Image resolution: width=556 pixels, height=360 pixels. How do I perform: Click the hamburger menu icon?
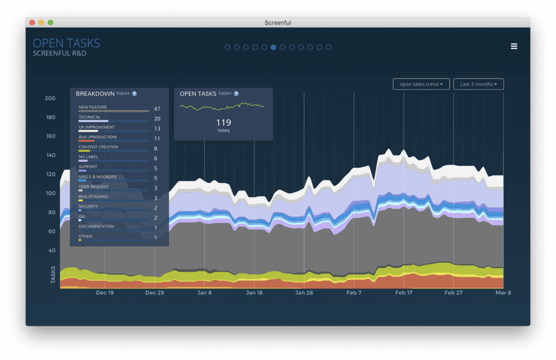[x=514, y=46]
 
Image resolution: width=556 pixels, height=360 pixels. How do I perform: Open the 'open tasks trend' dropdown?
[x=421, y=84]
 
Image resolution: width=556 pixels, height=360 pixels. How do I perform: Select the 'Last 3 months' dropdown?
[x=478, y=84]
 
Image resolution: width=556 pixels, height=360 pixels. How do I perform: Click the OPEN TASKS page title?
[x=66, y=43]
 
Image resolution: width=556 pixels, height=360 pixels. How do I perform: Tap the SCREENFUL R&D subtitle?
[x=59, y=53]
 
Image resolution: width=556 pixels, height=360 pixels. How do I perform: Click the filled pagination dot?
[x=274, y=47]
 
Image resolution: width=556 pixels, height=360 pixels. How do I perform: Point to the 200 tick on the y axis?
[x=50, y=98]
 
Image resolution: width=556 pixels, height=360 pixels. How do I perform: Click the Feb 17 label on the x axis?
[x=404, y=293]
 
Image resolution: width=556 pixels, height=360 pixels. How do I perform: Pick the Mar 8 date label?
[x=503, y=293]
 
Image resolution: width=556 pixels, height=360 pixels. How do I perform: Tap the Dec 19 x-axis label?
[x=105, y=293]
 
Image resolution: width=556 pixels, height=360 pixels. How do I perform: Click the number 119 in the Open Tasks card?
[x=224, y=122]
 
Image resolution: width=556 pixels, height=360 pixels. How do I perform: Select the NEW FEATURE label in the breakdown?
[x=93, y=107]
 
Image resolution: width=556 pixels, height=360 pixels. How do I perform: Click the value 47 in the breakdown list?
[x=157, y=109]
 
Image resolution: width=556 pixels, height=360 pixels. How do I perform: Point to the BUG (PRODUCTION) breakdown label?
[x=98, y=137]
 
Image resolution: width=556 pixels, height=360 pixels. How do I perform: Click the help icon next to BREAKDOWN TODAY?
[x=135, y=93]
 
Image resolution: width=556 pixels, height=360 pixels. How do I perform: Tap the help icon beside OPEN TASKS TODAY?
[x=236, y=93]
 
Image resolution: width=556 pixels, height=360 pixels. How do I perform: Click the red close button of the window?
[x=32, y=23]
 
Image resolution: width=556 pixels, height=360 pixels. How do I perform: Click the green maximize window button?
[x=51, y=23]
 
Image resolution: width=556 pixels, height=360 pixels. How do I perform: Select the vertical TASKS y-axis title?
[x=53, y=275]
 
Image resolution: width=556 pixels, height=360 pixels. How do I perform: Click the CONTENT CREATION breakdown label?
[x=98, y=147]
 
